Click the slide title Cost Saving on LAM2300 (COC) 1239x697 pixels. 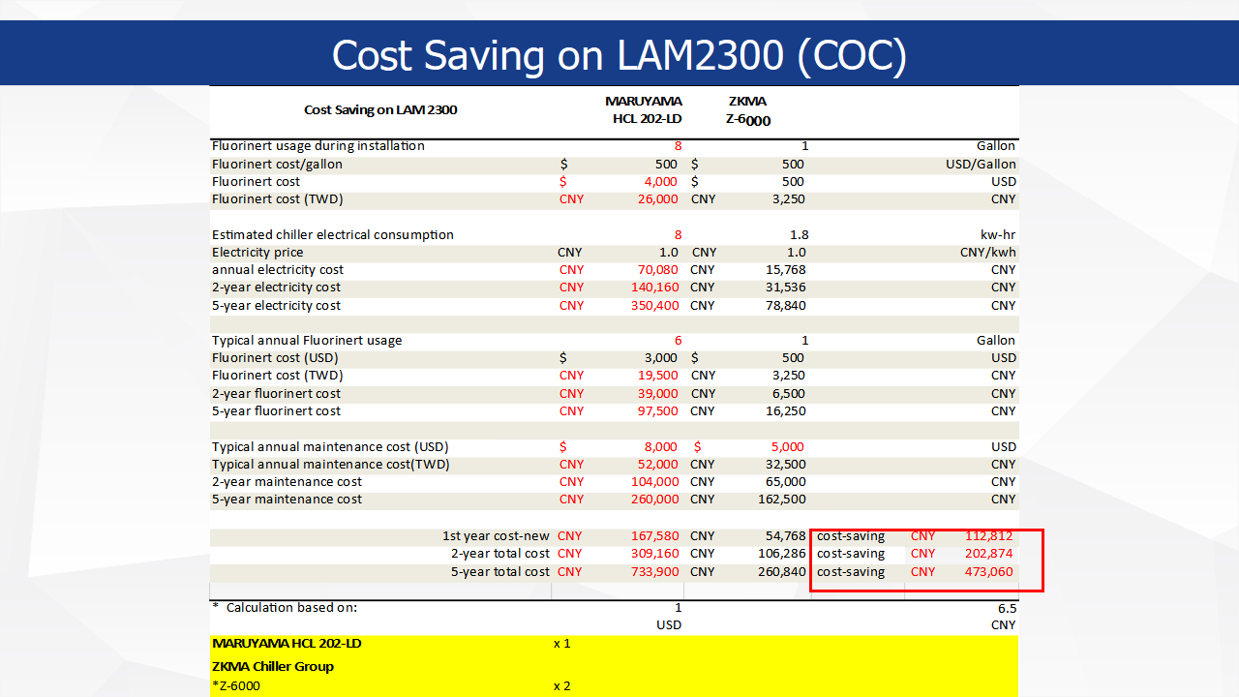[x=619, y=55]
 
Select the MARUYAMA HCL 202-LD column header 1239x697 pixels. [x=643, y=110]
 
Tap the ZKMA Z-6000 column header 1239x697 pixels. [x=747, y=110]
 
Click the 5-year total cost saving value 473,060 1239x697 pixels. [x=988, y=571]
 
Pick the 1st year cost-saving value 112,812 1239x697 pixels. [x=988, y=535]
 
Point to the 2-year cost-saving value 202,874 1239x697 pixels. [x=988, y=554]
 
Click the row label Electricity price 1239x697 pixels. [x=257, y=252]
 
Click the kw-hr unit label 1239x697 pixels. [x=998, y=234]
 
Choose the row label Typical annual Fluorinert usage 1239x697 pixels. [x=307, y=340]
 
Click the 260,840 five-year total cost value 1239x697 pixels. [x=781, y=571]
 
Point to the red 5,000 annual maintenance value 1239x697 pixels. [x=787, y=446]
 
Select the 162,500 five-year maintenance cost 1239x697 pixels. [x=780, y=499]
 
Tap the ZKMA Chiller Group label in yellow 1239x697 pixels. [x=272, y=666]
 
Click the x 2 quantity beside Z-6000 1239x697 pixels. [x=561, y=685]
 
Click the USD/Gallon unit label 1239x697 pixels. [x=981, y=164]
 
